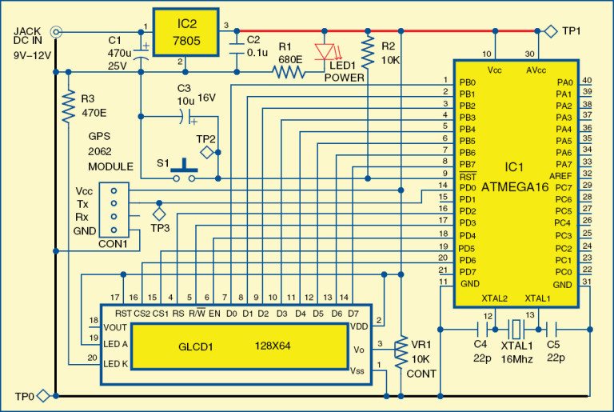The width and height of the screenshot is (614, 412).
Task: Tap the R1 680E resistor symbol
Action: (289, 71)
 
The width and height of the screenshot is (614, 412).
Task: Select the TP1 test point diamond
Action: (551, 31)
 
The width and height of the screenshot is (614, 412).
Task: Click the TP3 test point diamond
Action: (158, 214)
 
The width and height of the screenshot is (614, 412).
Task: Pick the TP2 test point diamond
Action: (207, 151)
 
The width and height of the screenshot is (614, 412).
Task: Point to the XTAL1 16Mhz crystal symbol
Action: (517, 327)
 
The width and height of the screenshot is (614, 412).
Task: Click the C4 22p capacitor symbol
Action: (482, 327)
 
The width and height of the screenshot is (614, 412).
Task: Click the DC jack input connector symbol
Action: (55, 32)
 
